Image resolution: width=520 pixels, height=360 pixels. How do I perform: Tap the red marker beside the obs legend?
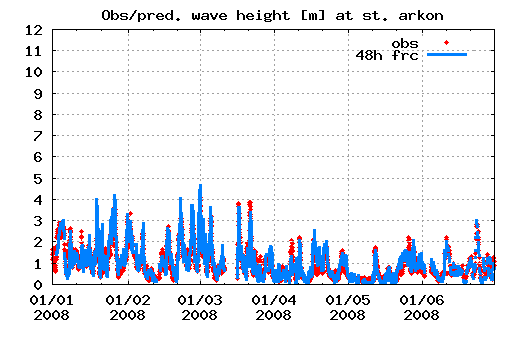[x=447, y=42]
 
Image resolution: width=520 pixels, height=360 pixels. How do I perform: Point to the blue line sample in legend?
[x=447, y=55]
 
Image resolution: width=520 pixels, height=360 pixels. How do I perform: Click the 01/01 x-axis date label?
[x=53, y=299]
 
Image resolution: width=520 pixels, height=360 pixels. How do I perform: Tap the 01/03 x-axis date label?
[x=200, y=299]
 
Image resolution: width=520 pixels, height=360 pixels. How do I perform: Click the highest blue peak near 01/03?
[x=200, y=186]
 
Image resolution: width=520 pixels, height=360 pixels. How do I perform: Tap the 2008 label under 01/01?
[x=53, y=314]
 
